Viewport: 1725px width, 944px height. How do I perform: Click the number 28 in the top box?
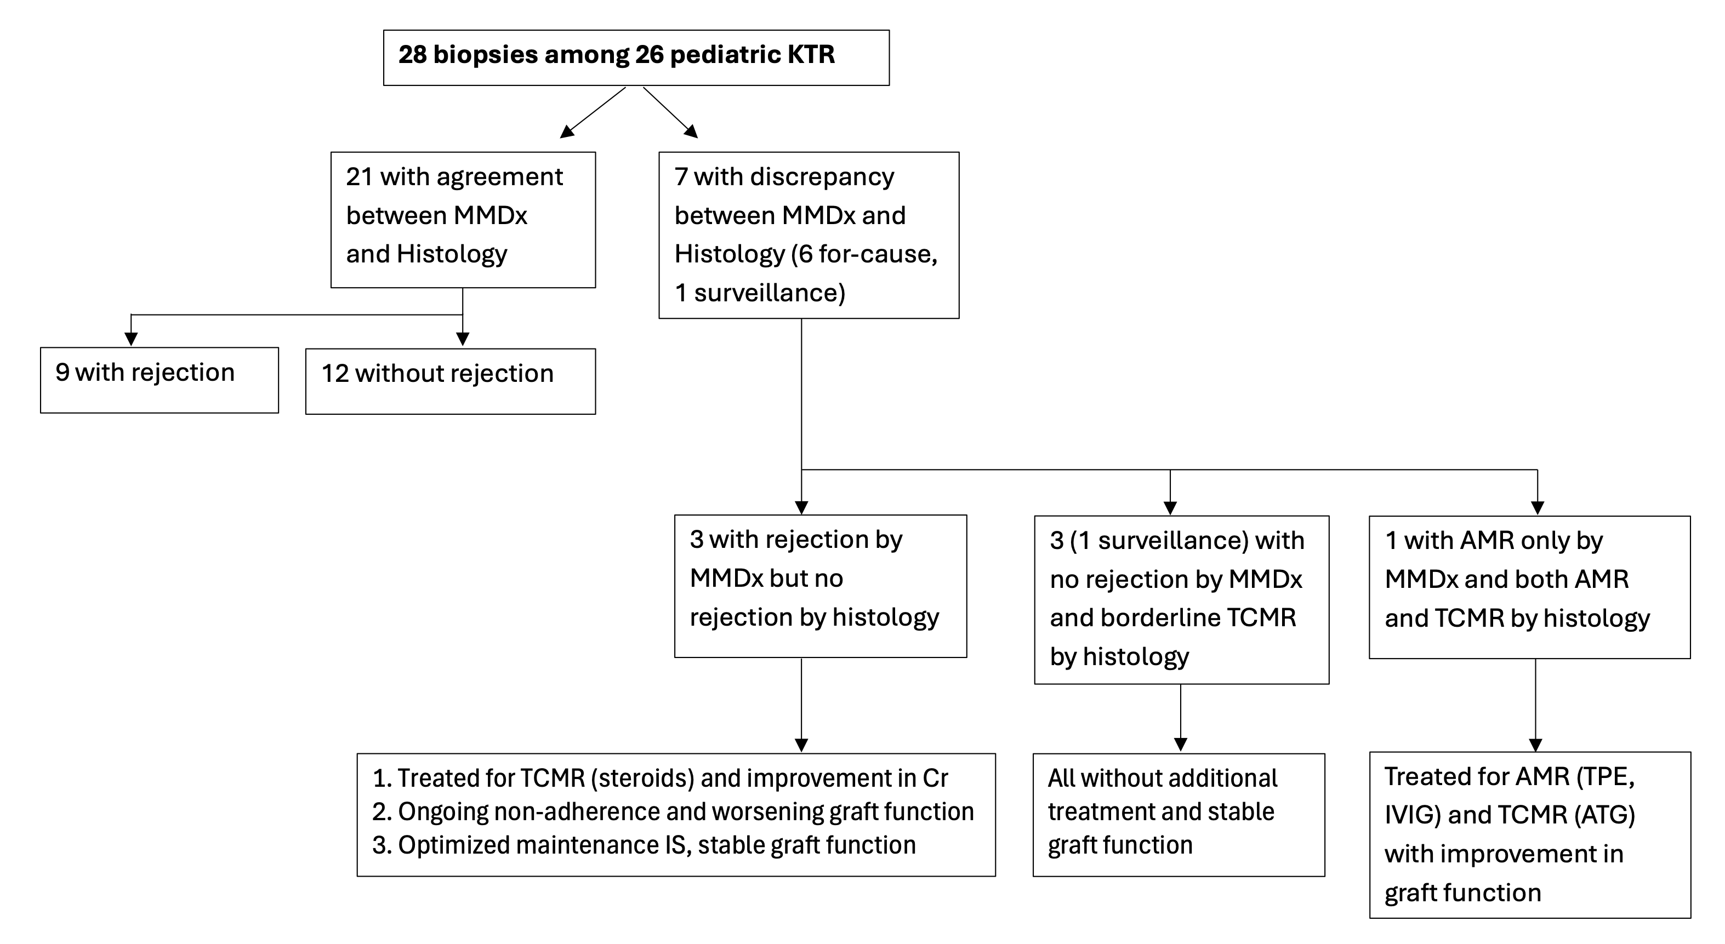pos(413,54)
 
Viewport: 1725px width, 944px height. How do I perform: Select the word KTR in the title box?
pos(812,54)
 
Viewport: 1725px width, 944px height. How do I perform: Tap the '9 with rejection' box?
pos(160,380)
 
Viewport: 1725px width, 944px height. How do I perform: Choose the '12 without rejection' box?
pos(451,381)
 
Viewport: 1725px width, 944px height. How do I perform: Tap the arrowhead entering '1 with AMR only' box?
pos(1538,507)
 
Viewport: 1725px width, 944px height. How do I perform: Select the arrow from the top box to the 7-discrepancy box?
pos(670,112)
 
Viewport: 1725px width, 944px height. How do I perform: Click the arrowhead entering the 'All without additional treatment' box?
pos(1181,745)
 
